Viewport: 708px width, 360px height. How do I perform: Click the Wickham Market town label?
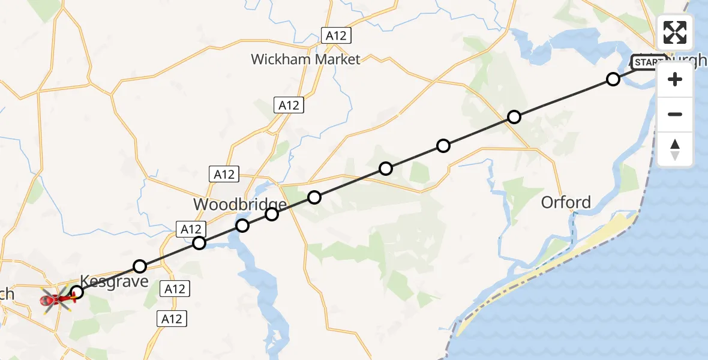[305, 59]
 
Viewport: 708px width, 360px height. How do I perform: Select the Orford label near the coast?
[566, 202]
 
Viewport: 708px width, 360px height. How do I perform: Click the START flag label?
[647, 62]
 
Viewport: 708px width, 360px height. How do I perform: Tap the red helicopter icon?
[55, 298]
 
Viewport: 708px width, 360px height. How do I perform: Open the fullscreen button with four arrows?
[675, 32]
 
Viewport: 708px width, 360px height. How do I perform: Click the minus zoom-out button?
[675, 115]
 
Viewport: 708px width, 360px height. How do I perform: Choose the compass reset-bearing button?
[675, 149]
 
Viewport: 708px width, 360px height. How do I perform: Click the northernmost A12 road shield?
[335, 35]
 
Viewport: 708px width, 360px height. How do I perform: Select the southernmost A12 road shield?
[172, 319]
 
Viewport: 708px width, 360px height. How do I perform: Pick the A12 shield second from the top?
[289, 105]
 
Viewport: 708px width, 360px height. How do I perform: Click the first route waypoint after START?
[613, 79]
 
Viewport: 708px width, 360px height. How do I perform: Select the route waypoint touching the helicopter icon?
[77, 292]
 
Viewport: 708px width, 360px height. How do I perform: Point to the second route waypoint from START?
[514, 117]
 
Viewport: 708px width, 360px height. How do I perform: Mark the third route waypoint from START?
[443, 146]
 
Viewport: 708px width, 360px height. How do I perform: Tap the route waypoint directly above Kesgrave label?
[140, 266]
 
